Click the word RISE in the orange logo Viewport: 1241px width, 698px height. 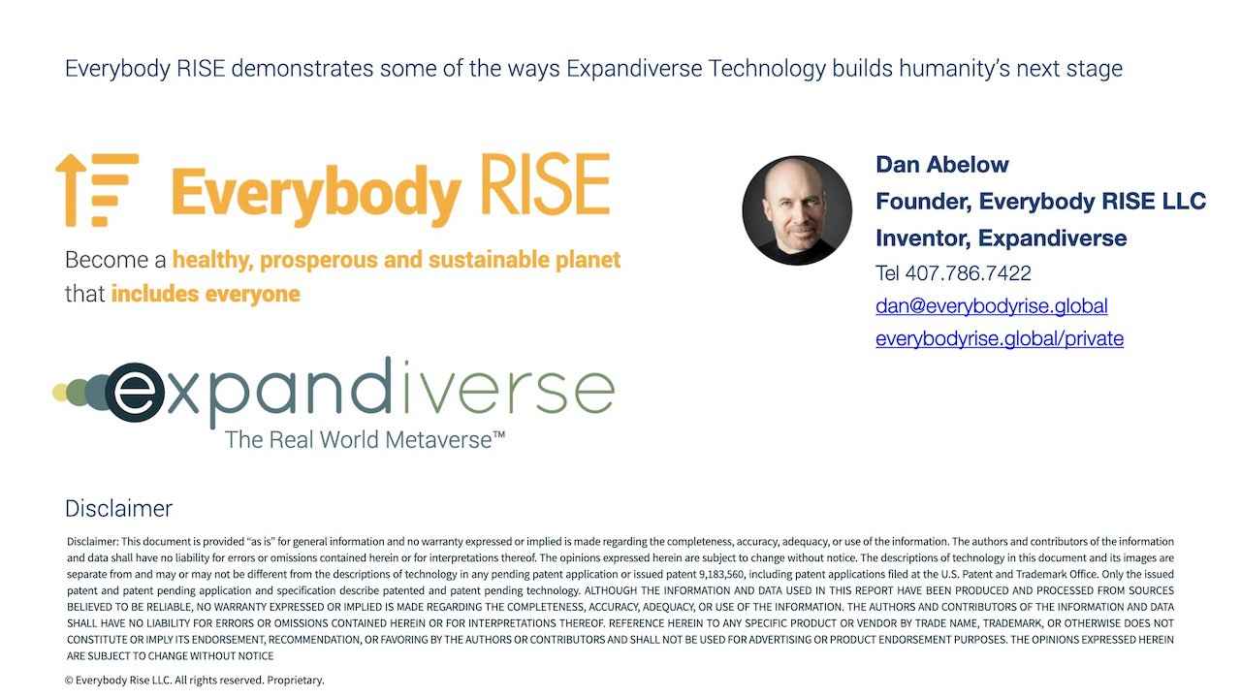546,184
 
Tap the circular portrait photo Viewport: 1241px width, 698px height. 797,210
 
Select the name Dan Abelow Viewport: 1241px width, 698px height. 941,165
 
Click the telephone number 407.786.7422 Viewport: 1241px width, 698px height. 968,273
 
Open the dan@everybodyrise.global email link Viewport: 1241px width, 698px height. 992,305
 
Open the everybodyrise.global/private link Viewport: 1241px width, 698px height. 1000,338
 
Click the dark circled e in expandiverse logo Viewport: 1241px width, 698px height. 135,393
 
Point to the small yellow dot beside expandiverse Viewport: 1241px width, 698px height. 59,393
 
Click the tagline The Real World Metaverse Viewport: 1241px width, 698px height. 365,440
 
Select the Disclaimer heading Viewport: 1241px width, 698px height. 118,509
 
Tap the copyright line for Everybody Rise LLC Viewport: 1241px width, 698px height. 195,680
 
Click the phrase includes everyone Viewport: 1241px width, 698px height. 206,294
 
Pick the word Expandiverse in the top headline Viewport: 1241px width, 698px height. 634,69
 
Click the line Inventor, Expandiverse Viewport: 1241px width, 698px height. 1002,238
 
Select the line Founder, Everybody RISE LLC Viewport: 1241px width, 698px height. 1041,201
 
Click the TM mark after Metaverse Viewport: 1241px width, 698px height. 498,434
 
